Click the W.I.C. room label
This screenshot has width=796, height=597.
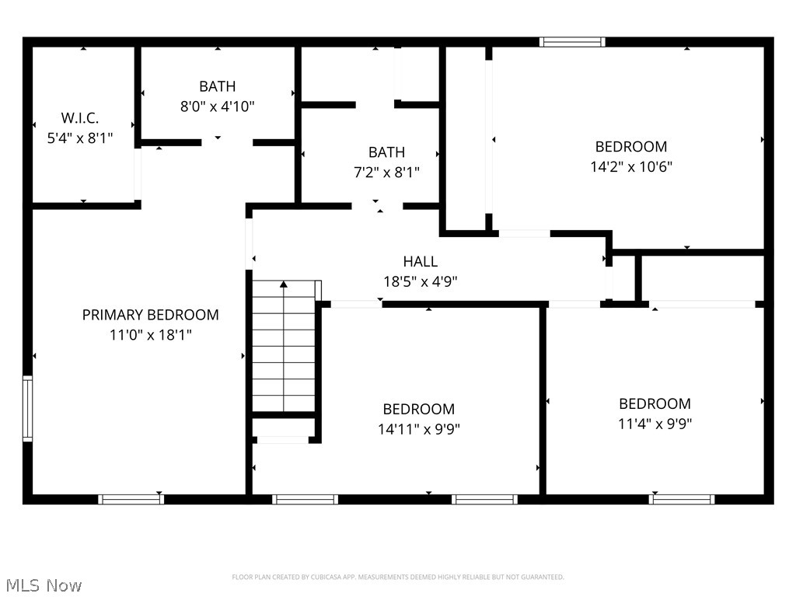pyautogui.click(x=80, y=118)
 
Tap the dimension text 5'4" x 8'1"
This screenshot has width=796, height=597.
pyautogui.click(x=80, y=138)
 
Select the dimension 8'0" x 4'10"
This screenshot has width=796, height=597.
pyautogui.click(x=218, y=106)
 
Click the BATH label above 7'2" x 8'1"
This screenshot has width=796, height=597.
pyautogui.click(x=386, y=152)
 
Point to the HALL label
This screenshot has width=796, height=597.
pyautogui.click(x=420, y=262)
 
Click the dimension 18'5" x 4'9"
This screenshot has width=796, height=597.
pyautogui.click(x=420, y=282)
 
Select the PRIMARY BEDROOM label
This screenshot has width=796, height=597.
pyautogui.click(x=151, y=315)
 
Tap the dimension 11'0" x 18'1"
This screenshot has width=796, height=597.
pyautogui.click(x=151, y=335)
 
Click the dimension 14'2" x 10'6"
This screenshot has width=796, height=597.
pyautogui.click(x=631, y=166)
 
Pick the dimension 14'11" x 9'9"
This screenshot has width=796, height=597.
pyautogui.click(x=418, y=429)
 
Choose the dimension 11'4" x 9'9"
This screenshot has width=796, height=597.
pyautogui.click(x=655, y=424)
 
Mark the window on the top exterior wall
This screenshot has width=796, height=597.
pyautogui.click(x=572, y=42)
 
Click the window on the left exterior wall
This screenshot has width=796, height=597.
pyautogui.click(x=28, y=409)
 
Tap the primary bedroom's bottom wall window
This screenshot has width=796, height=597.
pyautogui.click(x=131, y=499)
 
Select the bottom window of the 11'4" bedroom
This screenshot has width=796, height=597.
pyautogui.click(x=682, y=499)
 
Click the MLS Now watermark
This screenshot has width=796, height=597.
pyautogui.click(x=44, y=585)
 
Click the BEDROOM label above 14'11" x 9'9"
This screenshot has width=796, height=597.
pyautogui.click(x=418, y=409)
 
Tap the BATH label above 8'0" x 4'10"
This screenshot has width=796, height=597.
pyautogui.click(x=218, y=86)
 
